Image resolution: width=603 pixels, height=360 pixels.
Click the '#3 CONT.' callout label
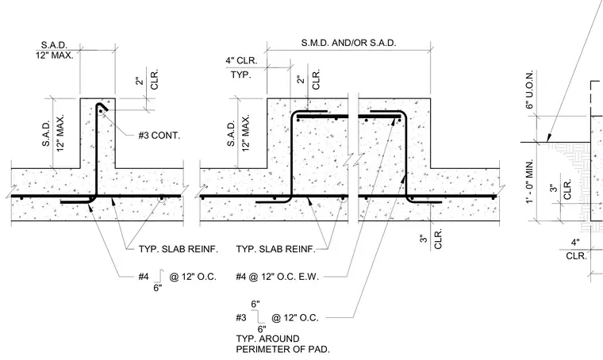(x=159, y=136)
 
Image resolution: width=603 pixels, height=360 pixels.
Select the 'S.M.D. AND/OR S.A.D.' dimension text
(x=348, y=43)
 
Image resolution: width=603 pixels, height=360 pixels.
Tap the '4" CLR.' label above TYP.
(x=241, y=61)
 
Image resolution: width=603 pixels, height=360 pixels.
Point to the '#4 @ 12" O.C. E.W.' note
(x=277, y=277)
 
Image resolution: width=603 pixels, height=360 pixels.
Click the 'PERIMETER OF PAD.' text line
(x=283, y=349)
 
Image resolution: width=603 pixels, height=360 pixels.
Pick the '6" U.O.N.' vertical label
(x=529, y=90)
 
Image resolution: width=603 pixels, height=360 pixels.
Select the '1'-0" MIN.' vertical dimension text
(x=529, y=182)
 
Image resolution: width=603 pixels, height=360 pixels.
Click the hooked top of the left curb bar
(x=102, y=106)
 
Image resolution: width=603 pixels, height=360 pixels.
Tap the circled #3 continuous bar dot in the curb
(x=101, y=112)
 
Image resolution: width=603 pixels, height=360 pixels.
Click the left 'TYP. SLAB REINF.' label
(x=179, y=249)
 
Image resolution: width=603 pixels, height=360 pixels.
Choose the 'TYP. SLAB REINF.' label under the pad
(x=276, y=249)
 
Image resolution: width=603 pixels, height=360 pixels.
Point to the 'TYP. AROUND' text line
(x=267, y=339)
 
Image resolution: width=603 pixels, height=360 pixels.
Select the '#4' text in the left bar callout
(x=144, y=277)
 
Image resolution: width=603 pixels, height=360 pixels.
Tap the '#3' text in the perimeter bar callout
(x=241, y=318)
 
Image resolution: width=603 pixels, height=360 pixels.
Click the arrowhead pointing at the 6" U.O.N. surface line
(x=549, y=137)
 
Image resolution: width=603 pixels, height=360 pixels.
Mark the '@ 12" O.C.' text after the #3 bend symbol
(x=295, y=318)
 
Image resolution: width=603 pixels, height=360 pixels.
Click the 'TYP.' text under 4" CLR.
(x=240, y=75)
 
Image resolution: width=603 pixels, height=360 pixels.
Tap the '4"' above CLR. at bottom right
(x=575, y=243)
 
